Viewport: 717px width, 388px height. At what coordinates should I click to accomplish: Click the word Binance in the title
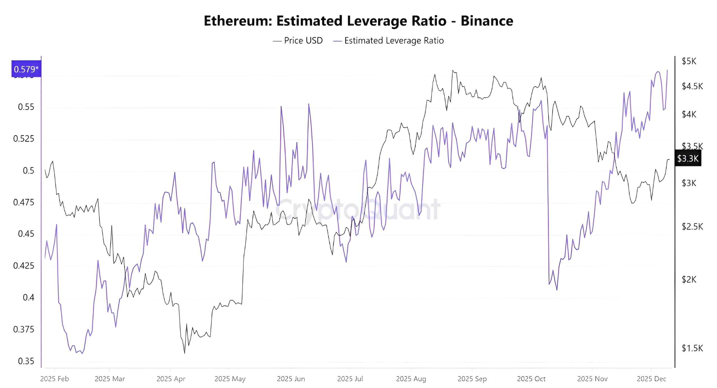(x=487, y=21)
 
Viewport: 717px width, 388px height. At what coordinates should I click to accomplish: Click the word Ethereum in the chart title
(x=238, y=21)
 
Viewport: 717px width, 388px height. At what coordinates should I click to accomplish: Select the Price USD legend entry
(x=298, y=41)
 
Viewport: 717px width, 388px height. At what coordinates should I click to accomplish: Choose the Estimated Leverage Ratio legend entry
(x=389, y=41)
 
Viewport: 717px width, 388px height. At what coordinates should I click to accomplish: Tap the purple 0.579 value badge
(x=26, y=69)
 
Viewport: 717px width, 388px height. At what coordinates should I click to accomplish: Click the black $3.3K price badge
(x=688, y=159)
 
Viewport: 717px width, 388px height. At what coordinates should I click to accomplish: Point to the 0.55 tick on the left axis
(x=26, y=107)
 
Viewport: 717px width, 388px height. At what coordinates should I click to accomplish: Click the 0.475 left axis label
(x=24, y=202)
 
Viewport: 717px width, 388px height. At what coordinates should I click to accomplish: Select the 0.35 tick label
(x=26, y=361)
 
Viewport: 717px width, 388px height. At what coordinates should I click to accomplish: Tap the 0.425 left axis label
(x=24, y=265)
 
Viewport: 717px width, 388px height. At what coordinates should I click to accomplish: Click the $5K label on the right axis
(x=689, y=61)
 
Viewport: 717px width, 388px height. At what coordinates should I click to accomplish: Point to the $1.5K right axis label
(x=692, y=348)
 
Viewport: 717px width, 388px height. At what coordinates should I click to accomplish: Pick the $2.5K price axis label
(x=692, y=227)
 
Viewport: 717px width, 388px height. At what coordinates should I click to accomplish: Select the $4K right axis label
(x=689, y=114)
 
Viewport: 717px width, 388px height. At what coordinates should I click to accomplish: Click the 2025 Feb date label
(x=55, y=379)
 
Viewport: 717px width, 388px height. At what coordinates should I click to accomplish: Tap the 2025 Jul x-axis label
(x=350, y=379)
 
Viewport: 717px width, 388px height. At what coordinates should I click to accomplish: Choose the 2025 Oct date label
(x=531, y=379)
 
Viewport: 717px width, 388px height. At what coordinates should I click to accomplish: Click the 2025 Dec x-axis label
(x=651, y=379)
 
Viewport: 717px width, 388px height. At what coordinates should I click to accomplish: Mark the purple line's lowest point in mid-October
(x=557, y=290)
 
